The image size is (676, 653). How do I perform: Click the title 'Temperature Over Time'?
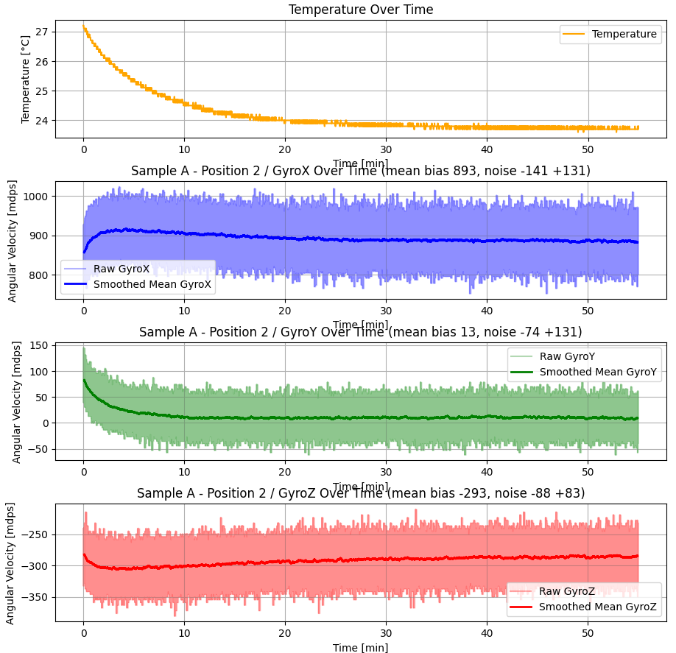click(361, 10)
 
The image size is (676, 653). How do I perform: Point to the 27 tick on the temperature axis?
click(41, 32)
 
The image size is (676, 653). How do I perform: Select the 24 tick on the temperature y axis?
click(41, 121)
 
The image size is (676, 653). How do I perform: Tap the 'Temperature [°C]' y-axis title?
click(26, 78)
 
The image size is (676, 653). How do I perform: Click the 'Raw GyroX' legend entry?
click(121, 269)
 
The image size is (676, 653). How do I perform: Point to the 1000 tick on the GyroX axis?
click(36, 197)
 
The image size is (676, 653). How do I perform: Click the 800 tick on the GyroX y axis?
click(38, 275)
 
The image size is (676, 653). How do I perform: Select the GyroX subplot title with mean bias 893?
click(361, 171)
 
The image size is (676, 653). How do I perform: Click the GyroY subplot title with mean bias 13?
click(361, 332)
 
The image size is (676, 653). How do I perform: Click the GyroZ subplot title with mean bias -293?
click(361, 493)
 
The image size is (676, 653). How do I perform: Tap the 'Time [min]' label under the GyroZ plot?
click(361, 647)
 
